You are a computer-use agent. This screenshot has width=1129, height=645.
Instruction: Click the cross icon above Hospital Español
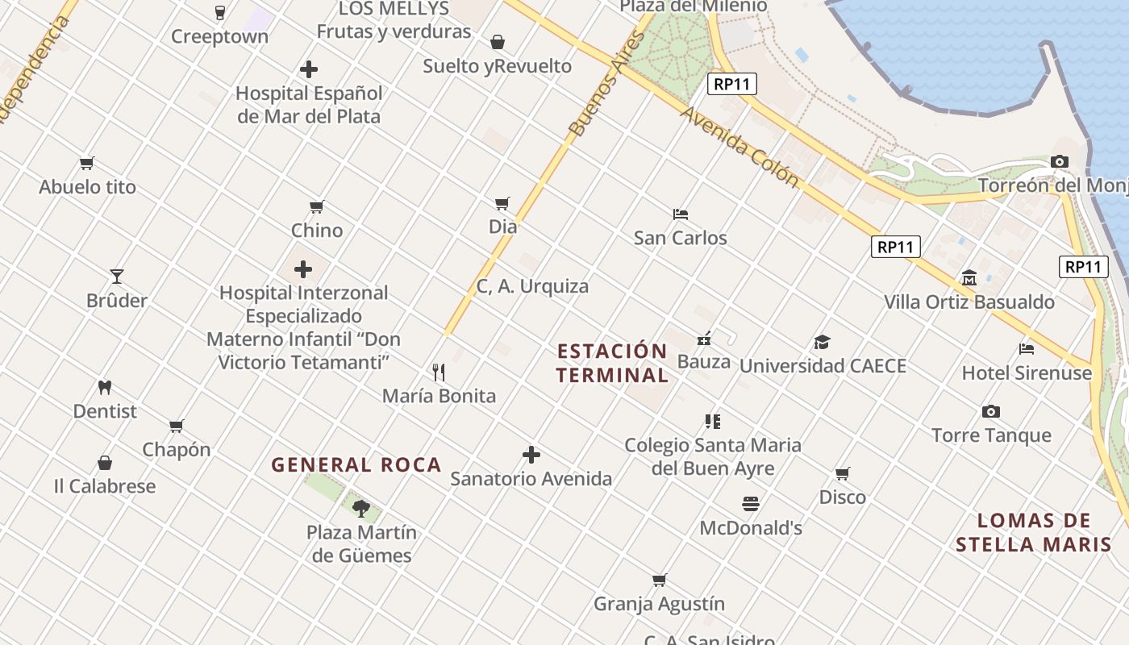308,69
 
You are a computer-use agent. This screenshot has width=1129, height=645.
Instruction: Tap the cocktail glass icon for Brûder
117,277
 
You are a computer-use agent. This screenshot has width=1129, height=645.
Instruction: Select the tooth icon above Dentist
104,387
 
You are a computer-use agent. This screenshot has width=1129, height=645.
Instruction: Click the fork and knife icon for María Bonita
439,372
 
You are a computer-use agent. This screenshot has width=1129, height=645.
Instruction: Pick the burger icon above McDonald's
751,504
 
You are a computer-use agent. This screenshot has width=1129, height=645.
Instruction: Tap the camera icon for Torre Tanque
991,411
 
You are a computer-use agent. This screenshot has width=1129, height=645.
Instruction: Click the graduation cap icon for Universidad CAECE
822,342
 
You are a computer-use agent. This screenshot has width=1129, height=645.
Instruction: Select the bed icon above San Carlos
681,214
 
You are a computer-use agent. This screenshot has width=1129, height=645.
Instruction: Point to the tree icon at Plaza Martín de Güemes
361,508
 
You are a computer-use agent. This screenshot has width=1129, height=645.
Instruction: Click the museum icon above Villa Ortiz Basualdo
969,278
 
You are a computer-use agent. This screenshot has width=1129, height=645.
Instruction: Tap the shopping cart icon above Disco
843,473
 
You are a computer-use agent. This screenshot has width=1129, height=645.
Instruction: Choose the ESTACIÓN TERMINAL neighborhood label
612,363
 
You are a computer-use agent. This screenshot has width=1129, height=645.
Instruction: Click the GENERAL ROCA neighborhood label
356,464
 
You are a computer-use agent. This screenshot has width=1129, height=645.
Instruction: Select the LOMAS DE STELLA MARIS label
1034,532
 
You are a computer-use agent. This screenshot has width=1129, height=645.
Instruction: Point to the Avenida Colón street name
739,148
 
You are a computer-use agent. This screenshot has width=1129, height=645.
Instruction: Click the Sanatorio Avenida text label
531,478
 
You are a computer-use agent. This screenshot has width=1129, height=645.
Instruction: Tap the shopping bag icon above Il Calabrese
105,463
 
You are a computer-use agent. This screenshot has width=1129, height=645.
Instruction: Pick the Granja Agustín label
659,603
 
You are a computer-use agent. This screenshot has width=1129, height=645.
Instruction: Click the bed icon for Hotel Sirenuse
1027,349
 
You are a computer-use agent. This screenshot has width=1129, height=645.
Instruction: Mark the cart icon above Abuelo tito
87,163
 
